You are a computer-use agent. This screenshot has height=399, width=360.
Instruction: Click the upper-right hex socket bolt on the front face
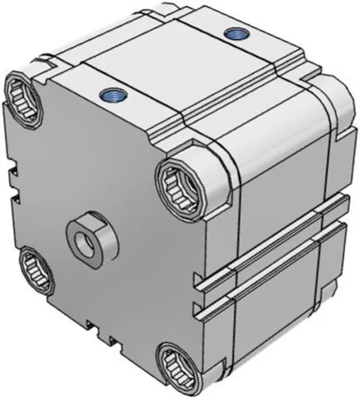(179, 183)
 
